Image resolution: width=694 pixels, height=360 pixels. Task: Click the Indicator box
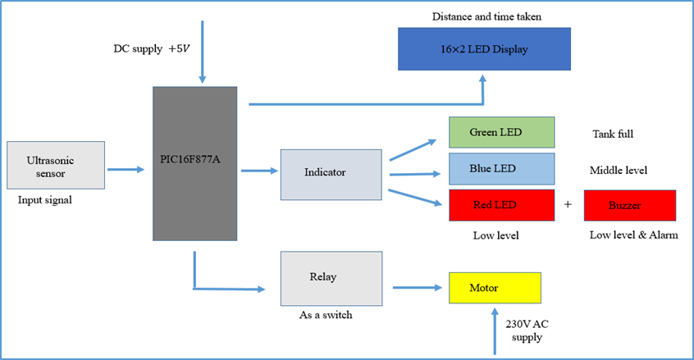[x=331, y=174]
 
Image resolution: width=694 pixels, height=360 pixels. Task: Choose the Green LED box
[x=500, y=132]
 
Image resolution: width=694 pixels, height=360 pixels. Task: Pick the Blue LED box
[x=500, y=169]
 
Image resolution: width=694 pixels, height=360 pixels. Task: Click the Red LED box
[x=500, y=204]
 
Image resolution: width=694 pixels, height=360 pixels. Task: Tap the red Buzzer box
[x=629, y=205]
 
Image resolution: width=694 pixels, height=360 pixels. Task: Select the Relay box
[x=331, y=278]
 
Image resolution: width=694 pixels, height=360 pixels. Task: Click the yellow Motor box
[x=495, y=288]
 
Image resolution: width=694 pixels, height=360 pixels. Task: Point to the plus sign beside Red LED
[x=568, y=205]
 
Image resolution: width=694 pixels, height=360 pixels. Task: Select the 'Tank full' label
[x=612, y=134]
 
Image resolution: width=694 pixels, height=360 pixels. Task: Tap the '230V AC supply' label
[x=527, y=330]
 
